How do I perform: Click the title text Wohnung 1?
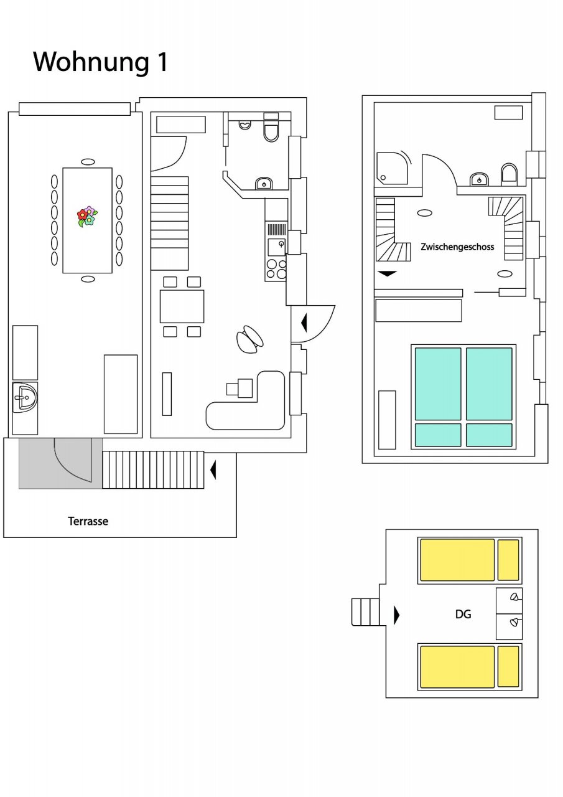click(x=100, y=62)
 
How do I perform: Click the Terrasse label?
click(x=88, y=521)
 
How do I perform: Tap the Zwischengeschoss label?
click(x=457, y=247)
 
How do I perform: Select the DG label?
click(x=463, y=614)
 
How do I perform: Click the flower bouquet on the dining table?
click(x=87, y=216)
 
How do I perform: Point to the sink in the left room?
click(x=25, y=397)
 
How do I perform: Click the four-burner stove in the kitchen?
click(x=276, y=269)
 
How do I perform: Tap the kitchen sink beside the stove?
click(x=276, y=247)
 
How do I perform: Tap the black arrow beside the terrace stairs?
click(x=213, y=469)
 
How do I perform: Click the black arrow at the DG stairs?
click(x=396, y=615)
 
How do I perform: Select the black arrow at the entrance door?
click(x=304, y=323)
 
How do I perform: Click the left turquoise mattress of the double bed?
click(x=437, y=384)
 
